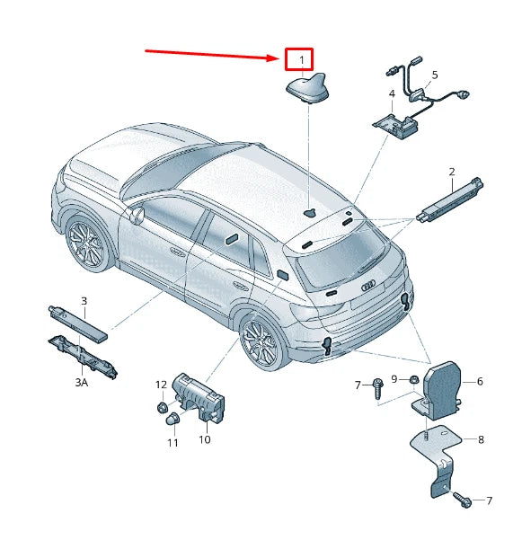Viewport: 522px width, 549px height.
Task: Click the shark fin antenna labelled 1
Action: point(308,88)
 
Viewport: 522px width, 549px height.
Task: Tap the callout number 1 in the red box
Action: point(302,60)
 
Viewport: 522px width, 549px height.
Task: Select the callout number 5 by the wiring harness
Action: point(435,75)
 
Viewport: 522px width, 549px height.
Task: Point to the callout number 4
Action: point(392,93)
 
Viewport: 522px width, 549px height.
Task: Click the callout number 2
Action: point(452,172)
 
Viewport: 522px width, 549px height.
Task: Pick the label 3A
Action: point(82,383)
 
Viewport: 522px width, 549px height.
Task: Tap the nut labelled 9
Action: point(412,379)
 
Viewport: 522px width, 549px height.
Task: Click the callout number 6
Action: point(480,381)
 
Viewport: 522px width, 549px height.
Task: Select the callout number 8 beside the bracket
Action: point(481,439)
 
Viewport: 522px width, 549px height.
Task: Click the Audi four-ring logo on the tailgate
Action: point(368,286)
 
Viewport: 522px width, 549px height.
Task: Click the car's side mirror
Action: point(137,215)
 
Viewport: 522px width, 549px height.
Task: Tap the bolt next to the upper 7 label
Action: point(378,388)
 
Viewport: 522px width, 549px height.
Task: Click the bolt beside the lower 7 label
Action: point(462,500)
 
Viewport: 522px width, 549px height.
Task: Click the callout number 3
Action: point(84,301)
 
